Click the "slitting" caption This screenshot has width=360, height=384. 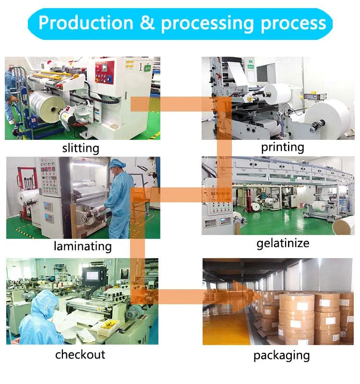coord(81,148)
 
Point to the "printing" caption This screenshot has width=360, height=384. coord(282,147)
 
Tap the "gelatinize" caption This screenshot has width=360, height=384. coord(282,243)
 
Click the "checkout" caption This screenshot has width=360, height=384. coord(80,355)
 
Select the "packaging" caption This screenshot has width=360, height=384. coord(282,356)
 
